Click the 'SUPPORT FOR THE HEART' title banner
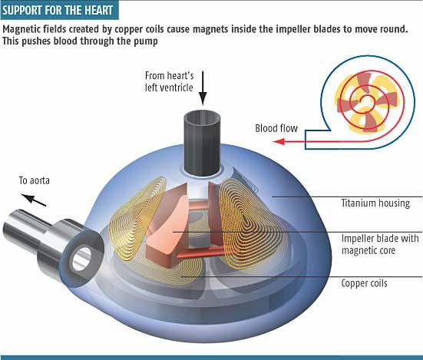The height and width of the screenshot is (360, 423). click(59, 10)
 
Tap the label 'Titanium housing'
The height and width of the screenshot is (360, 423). click(375, 203)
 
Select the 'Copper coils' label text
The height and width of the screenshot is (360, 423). click(364, 283)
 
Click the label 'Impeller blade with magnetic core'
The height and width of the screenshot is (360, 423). click(380, 244)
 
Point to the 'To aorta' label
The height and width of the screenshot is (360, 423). click(35, 180)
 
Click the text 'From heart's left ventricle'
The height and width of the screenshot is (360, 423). click(169, 81)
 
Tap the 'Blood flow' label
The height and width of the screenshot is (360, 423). click(276, 128)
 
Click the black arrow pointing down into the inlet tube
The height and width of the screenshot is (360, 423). click(203, 88)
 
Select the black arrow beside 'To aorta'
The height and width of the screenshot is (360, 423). click(34, 200)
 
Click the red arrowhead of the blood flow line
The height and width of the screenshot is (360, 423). click(279, 141)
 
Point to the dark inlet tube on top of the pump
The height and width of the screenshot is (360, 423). click(203, 143)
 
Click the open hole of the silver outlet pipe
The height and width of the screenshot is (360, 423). click(81, 258)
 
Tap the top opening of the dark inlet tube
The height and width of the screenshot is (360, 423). click(203, 117)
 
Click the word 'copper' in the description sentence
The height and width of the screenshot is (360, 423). click(125, 29)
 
